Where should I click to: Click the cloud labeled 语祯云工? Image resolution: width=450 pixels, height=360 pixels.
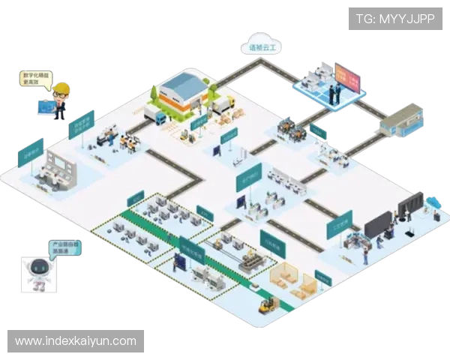click(x=256, y=46)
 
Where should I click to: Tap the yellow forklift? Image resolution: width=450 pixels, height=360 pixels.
click(x=268, y=304)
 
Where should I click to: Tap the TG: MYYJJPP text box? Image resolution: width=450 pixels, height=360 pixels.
click(x=395, y=18)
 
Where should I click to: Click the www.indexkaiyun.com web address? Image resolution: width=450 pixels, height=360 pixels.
click(x=76, y=341)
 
